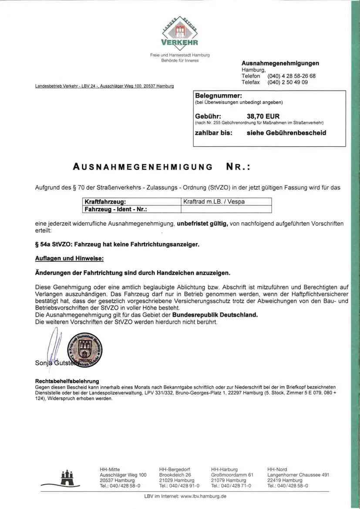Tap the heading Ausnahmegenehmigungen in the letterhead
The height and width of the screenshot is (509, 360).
click(x=280, y=63)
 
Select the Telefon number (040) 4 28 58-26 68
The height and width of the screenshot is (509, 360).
click(x=292, y=76)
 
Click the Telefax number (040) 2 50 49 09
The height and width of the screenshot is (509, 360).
click(x=288, y=82)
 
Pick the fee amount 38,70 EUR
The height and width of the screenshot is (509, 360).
click(x=263, y=117)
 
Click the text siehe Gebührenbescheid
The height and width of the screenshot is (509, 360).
click(x=286, y=133)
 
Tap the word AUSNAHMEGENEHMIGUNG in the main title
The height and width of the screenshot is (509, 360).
click(x=143, y=167)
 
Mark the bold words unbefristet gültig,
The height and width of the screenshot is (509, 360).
click(x=202, y=224)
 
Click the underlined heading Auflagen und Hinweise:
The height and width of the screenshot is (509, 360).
click(x=69, y=258)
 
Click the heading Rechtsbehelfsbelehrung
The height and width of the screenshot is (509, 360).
click(x=67, y=381)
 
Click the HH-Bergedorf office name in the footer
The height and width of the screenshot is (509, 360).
click(x=175, y=469)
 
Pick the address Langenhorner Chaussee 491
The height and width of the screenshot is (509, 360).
click(x=298, y=475)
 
